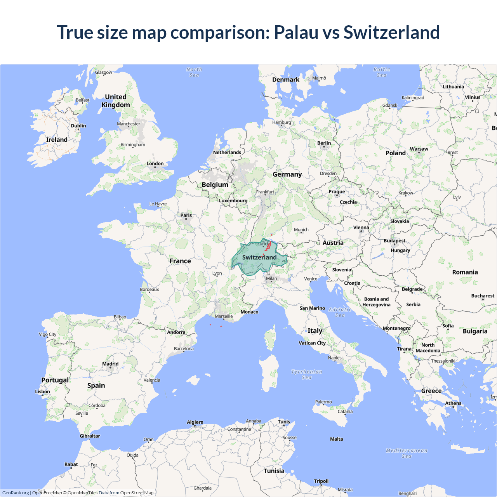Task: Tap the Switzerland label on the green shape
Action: (259, 257)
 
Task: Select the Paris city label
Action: (186, 215)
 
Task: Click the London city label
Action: (155, 163)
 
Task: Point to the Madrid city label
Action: (110, 364)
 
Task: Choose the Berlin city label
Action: (324, 143)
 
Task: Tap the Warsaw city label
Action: (419, 149)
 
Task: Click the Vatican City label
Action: (312, 343)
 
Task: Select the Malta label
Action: (336, 439)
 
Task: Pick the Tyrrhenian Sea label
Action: (307, 374)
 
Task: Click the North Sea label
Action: (194, 72)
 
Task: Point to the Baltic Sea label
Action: (382, 72)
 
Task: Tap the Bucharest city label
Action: (483, 296)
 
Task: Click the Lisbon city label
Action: (42, 391)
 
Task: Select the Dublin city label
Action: (78, 126)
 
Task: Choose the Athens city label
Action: (453, 403)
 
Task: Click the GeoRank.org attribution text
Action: (16, 493)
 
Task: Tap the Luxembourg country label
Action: (233, 201)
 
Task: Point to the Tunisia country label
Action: (274, 471)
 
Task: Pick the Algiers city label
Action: (195, 422)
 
